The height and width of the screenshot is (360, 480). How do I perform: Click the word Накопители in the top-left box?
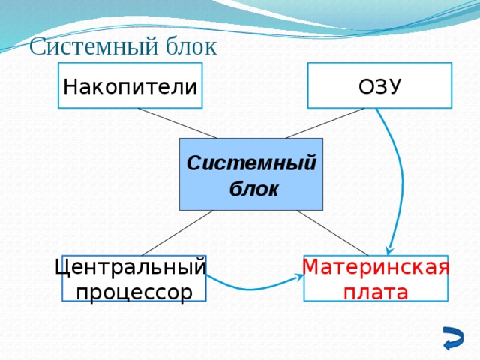(x=130, y=87)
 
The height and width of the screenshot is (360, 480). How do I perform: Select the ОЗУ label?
(x=379, y=87)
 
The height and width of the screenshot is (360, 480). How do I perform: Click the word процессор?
(x=133, y=292)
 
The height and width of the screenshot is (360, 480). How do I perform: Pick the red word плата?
(x=376, y=292)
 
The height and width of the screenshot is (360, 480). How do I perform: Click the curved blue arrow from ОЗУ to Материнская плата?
(x=401, y=172)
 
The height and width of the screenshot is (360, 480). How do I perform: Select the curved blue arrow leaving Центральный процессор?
(x=251, y=289)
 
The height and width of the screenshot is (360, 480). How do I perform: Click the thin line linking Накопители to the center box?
(x=177, y=124)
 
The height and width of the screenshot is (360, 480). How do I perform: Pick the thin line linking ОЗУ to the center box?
(x=325, y=124)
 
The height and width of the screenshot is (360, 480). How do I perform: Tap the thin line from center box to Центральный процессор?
(x=177, y=232)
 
